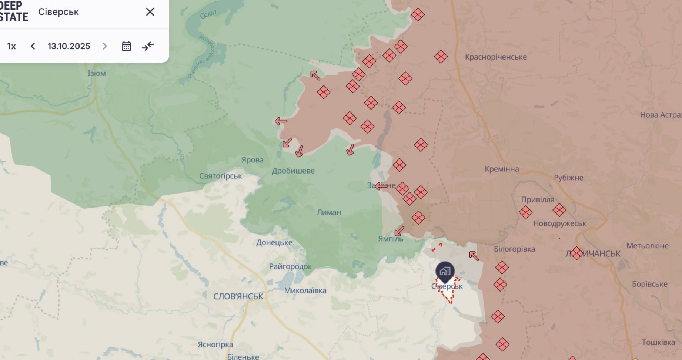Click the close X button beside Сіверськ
(150, 12)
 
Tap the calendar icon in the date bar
(126, 46)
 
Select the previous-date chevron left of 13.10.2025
(33, 46)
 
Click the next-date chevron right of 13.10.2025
(105, 46)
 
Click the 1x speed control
(11, 46)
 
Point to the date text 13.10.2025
(69, 46)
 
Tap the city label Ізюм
(97, 73)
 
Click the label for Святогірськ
(220, 176)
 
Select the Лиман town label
(329, 212)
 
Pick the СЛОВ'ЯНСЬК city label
(238, 296)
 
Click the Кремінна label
(502, 169)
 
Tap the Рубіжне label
(568, 178)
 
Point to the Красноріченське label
(496, 57)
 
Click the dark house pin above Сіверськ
(445, 272)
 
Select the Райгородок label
(290, 266)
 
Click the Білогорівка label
(514, 249)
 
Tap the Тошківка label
(658, 342)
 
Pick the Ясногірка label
(215, 344)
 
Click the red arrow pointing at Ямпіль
(399, 232)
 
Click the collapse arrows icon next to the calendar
(148, 46)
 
